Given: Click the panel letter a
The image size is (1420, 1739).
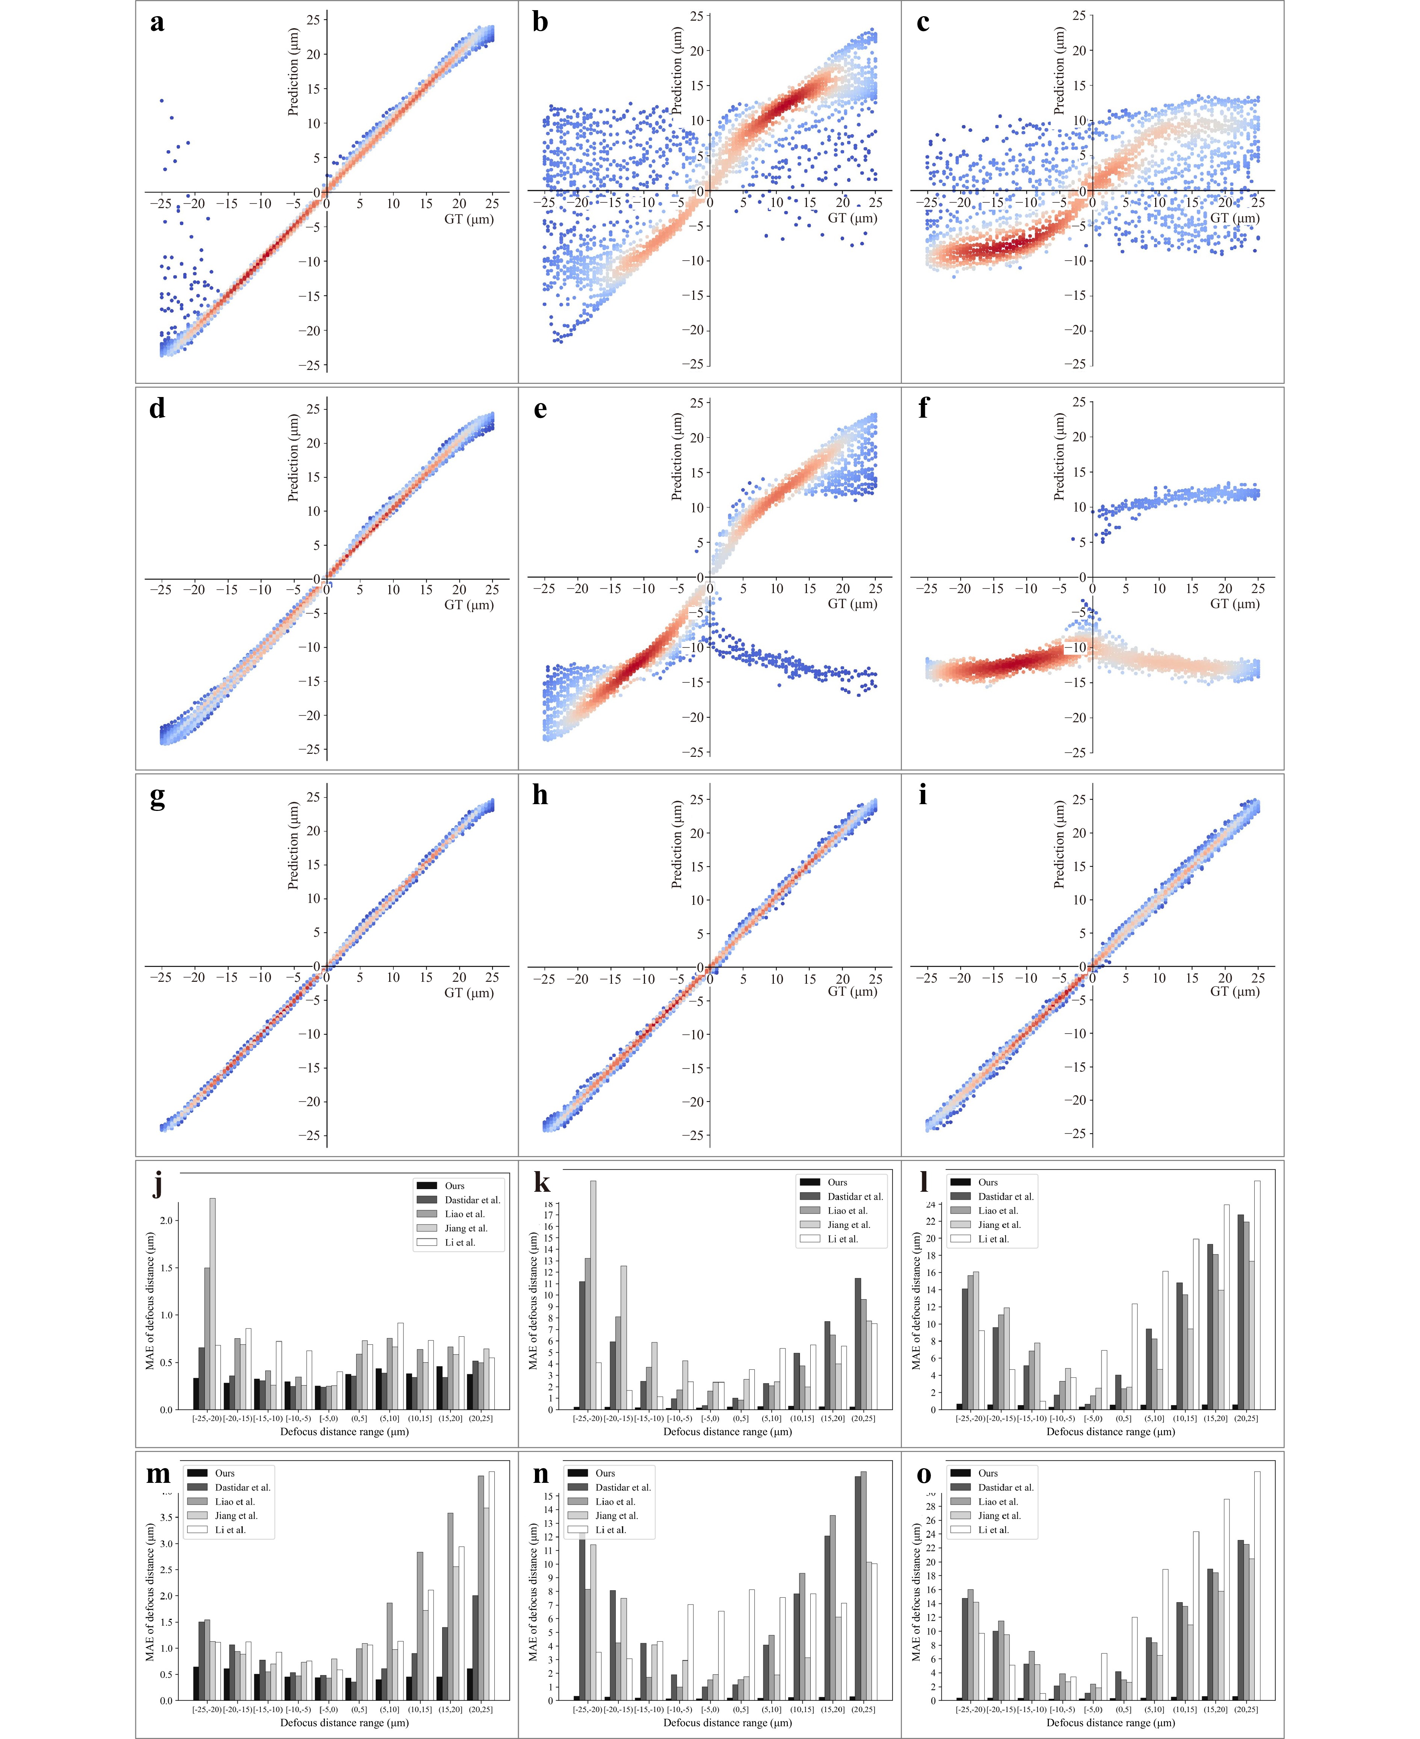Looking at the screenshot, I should click(157, 22).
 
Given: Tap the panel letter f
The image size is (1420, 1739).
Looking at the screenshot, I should click(923, 408).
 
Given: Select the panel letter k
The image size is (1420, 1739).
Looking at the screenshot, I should click(541, 1183).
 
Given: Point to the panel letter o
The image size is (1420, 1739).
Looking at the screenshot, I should click(923, 1474).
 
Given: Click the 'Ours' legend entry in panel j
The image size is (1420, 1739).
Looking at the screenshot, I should click(454, 1185).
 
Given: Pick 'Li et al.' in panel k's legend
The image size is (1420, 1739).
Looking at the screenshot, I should click(843, 1238).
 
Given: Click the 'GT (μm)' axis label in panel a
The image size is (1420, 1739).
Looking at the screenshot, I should click(469, 219).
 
